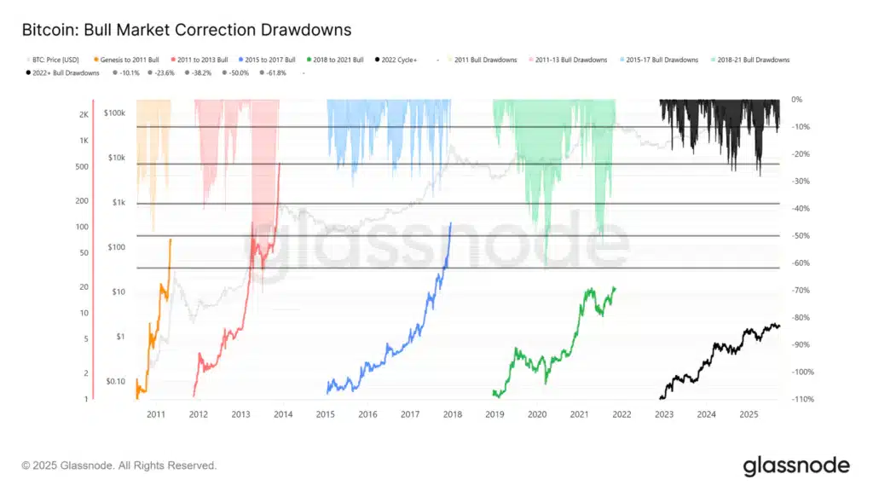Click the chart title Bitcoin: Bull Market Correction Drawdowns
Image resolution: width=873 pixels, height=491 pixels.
click(x=186, y=30)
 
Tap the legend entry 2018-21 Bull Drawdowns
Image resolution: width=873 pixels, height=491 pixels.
click(x=753, y=60)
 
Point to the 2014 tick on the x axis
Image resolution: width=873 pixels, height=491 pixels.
click(x=283, y=414)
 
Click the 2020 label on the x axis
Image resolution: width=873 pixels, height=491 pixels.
click(x=537, y=414)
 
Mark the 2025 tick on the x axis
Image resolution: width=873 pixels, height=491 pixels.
click(x=749, y=414)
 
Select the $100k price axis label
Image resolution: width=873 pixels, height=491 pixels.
click(x=115, y=113)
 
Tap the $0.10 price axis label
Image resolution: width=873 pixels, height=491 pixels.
click(x=115, y=381)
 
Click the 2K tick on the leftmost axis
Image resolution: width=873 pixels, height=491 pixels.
click(x=83, y=114)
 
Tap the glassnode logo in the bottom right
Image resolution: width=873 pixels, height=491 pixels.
click(x=796, y=465)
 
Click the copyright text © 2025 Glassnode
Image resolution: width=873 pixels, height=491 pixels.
click(x=119, y=465)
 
